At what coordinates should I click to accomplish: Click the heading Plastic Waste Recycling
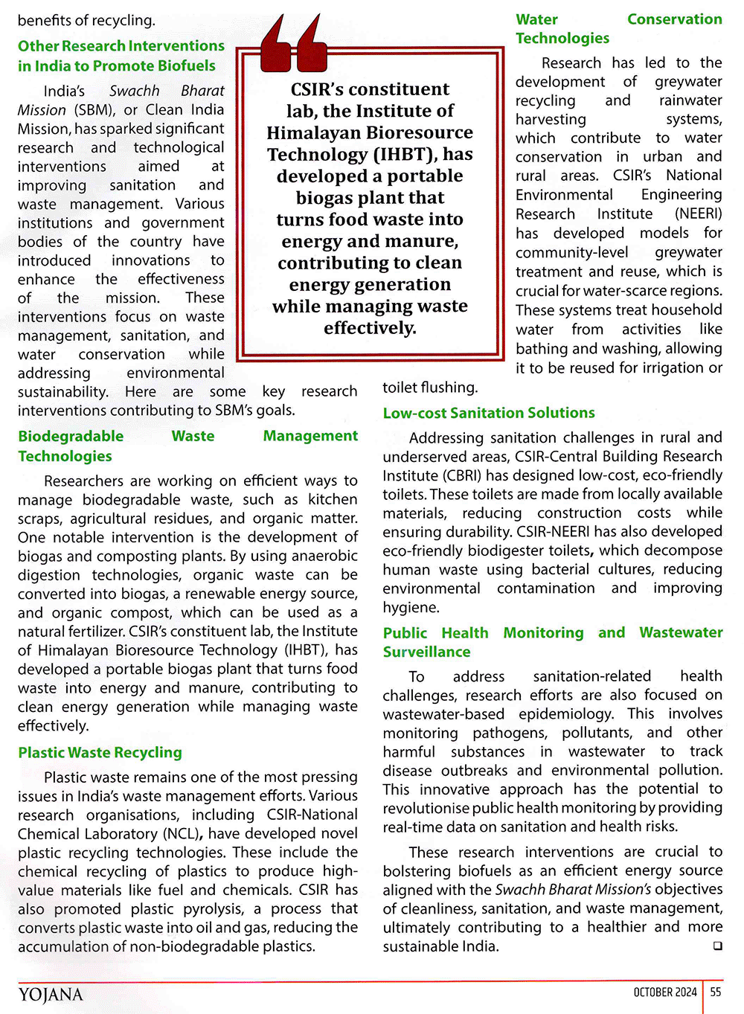click(100, 753)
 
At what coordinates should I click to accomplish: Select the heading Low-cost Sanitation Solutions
click(489, 413)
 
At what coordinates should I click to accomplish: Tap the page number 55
click(716, 992)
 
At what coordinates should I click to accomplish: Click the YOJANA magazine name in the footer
click(51, 995)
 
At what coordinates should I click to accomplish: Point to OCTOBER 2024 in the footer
click(665, 992)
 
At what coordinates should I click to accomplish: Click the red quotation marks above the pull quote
click(295, 43)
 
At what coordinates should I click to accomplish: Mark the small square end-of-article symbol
click(717, 946)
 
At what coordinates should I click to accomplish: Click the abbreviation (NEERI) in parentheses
click(698, 214)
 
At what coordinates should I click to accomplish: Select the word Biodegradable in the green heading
click(71, 437)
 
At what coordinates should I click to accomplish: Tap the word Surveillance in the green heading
click(426, 652)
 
